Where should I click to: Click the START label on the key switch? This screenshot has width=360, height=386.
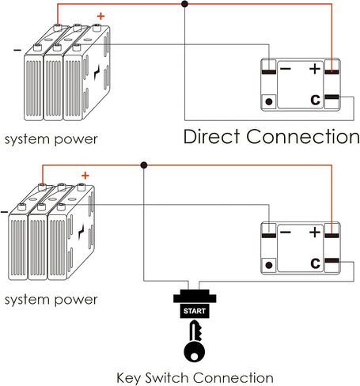coord(195,311)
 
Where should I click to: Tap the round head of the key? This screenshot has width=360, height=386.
coord(194,352)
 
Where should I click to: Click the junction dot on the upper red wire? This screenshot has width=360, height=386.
coord(185,4)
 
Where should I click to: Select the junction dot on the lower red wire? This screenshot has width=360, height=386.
coord(144,165)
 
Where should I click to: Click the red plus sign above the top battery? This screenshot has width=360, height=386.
coord(100,17)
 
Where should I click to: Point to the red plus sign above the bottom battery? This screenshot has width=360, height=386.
coord(85,176)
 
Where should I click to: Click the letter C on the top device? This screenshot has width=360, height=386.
coord(316,100)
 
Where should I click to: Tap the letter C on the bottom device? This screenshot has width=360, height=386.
coord(316,263)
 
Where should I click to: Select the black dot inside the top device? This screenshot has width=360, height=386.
coord(269,101)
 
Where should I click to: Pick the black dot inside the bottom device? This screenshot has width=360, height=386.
coord(269,265)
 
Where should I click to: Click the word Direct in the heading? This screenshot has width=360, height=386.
coord(211,136)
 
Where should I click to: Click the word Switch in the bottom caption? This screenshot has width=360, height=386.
coord(168,377)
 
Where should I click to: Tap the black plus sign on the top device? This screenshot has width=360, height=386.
coord(315,69)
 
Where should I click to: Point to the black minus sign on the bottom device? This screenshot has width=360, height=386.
coord(286,233)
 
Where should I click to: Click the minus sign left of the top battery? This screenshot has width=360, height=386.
coord(17,50)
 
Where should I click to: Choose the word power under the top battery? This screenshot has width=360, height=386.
coord(76,140)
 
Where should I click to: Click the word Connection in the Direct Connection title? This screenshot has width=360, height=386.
coord(303,136)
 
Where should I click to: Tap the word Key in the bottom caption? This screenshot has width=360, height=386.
coord(129,378)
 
